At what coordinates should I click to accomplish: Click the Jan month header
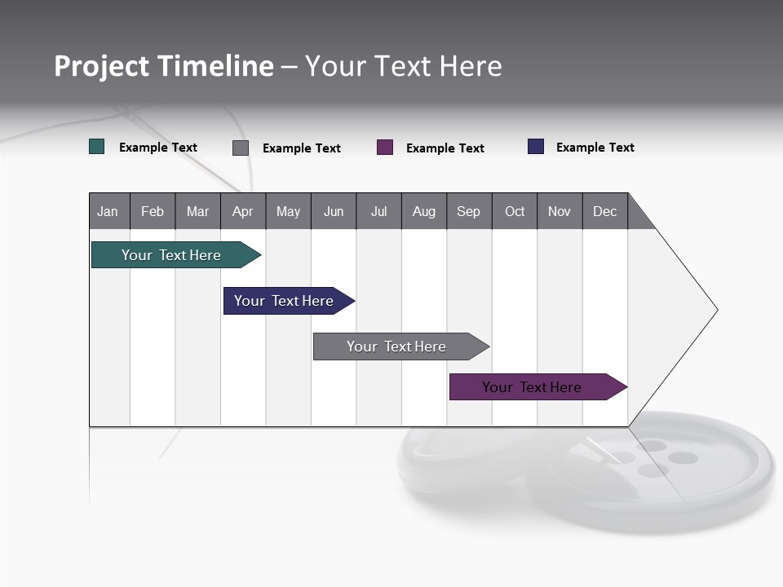click(108, 211)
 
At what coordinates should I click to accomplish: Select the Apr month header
click(243, 211)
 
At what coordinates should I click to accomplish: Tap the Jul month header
click(378, 211)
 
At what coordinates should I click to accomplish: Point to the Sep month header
click(469, 211)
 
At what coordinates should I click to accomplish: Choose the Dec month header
click(604, 211)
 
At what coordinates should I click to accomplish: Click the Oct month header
click(515, 211)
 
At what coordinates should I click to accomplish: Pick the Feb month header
click(153, 211)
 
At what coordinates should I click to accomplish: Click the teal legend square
click(96, 147)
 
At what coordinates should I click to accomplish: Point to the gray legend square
click(241, 148)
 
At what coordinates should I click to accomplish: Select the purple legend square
click(385, 148)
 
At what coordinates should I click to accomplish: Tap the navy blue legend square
click(536, 147)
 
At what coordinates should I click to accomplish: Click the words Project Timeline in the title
click(163, 66)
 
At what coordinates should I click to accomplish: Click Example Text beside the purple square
click(445, 148)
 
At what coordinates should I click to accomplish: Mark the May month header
click(288, 211)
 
